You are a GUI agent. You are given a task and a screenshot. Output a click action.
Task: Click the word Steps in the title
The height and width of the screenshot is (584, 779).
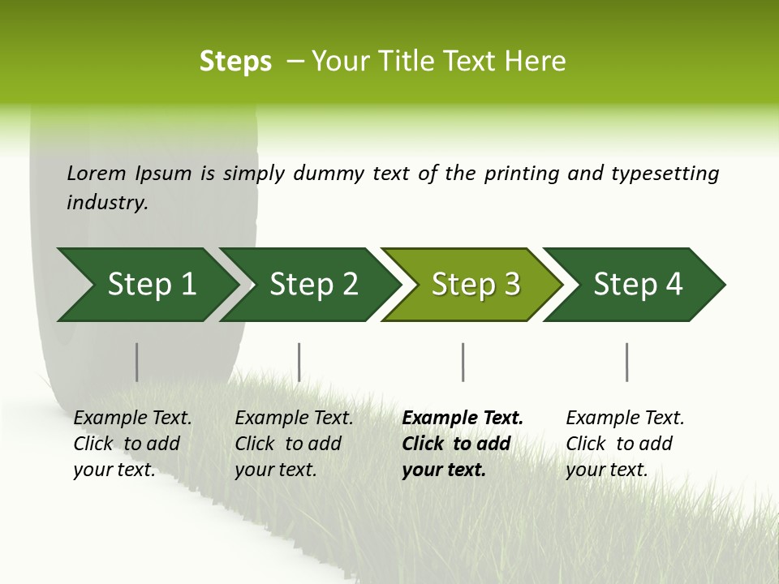click(235, 62)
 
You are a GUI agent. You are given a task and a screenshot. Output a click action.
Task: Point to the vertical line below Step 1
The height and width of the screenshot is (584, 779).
click(137, 362)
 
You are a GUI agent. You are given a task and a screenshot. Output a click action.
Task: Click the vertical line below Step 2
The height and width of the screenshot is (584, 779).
click(299, 362)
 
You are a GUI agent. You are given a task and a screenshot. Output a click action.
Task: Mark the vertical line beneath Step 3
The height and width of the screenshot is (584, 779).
click(463, 362)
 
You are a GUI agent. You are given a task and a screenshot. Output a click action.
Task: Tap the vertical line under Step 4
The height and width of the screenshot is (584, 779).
click(626, 362)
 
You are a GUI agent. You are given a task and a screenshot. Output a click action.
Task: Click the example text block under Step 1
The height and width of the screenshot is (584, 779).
click(132, 444)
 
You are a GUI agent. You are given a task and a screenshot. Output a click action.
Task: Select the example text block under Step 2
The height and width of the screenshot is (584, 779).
click(294, 444)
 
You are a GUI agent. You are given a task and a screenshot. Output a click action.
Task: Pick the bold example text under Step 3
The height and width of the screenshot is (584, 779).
click(463, 444)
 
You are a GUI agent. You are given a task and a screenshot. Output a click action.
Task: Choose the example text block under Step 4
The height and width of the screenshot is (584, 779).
click(625, 444)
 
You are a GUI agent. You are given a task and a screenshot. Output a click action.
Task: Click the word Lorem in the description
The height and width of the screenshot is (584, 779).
click(97, 173)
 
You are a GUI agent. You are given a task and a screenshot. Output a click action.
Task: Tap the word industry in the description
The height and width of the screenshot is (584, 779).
click(107, 203)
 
